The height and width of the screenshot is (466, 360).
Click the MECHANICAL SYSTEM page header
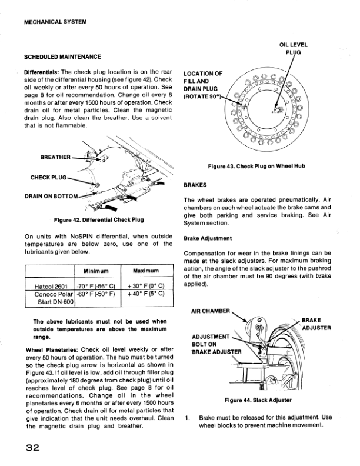tap(55, 22)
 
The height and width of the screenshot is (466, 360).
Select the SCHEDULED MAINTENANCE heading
tap(62, 57)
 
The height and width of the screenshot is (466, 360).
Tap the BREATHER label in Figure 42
tap(55, 157)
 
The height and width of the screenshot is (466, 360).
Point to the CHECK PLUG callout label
tap(48, 177)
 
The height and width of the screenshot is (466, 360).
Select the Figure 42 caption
tap(98, 220)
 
